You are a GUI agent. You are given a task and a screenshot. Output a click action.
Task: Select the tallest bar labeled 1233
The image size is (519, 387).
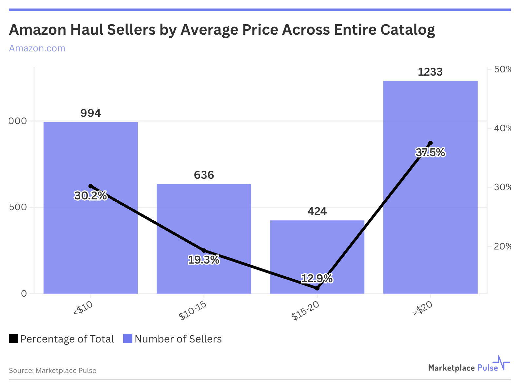(430, 213)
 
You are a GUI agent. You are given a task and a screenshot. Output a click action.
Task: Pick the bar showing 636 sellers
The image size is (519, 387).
(204, 223)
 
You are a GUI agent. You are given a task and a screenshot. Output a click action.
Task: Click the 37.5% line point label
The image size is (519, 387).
(430, 153)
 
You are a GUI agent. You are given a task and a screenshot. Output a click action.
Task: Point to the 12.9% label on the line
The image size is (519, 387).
(317, 279)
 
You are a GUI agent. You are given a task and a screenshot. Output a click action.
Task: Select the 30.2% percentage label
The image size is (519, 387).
(90, 196)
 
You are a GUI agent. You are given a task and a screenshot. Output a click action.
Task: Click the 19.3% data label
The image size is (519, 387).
(204, 260)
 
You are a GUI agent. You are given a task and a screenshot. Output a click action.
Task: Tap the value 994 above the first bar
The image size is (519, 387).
(90, 113)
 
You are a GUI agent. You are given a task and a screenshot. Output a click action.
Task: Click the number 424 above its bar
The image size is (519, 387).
(317, 212)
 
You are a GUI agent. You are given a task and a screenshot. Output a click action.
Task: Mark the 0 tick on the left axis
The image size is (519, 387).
(24, 293)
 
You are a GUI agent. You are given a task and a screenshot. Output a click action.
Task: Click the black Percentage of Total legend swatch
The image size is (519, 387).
(13, 339)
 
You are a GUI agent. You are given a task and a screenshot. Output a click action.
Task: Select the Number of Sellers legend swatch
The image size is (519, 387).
(127, 339)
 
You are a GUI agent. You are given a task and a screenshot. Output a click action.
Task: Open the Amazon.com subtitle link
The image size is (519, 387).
(37, 48)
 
